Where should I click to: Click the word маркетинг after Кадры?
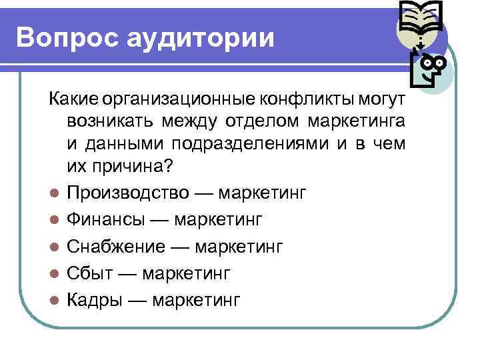[x=196, y=300]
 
